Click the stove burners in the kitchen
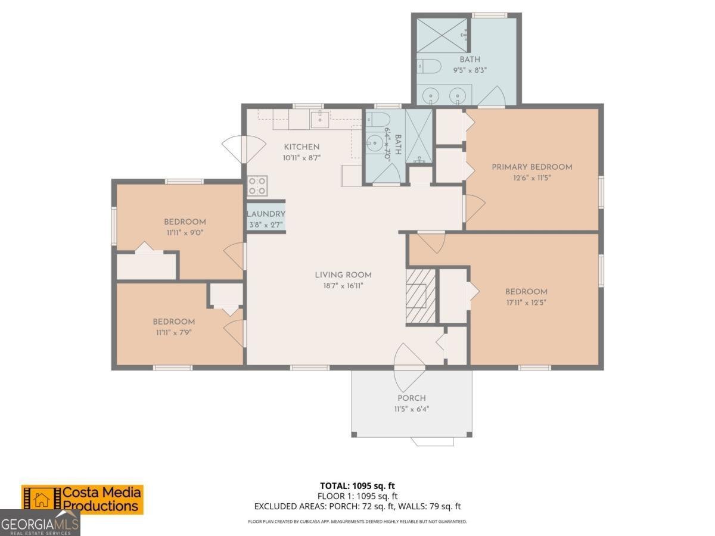coord(257,186)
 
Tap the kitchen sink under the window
coord(319,119)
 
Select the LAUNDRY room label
coord(266,214)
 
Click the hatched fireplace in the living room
coord(421,296)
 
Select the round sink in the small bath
coord(375,142)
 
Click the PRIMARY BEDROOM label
coord(531,167)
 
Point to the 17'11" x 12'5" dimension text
coord(526,302)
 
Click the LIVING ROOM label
coord(343,275)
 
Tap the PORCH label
coord(412,398)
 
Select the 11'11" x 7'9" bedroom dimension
coord(173,332)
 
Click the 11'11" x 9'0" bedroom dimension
coord(185,232)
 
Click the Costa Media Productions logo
coord(82,499)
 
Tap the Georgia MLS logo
coord(39,524)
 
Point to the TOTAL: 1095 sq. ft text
coord(357,485)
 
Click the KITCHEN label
coord(301,147)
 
